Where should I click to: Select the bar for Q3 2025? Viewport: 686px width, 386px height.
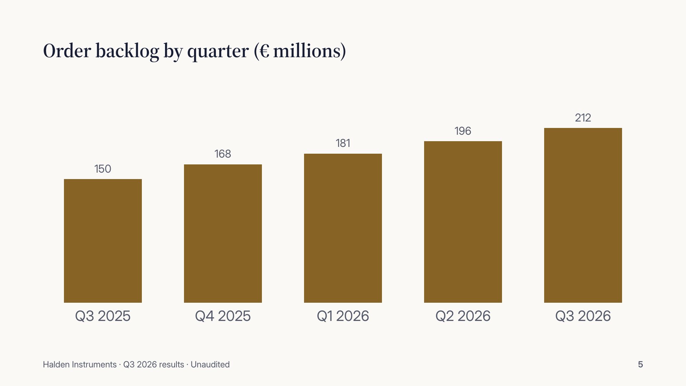tap(103, 241)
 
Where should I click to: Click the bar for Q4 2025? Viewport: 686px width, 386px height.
tap(223, 233)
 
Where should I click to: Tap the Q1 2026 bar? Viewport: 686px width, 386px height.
tap(343, 228)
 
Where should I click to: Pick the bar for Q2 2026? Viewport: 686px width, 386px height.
tap(463, 222)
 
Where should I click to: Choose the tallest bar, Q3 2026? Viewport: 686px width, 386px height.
tap(583, 215)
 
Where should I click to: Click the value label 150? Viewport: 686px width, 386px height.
tap(103, 169)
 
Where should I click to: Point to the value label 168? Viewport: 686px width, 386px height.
tap(223, 154)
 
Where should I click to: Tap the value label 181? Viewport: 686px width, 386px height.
tap(343, 143)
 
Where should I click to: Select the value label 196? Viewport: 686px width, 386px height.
tap(463, 131)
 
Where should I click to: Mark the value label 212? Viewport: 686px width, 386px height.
tap(583, 118)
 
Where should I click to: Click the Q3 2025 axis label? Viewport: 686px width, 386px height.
tap(103, 316)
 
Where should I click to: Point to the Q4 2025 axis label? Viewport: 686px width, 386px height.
tap(223, 316)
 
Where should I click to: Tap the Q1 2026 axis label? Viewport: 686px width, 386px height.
tap(343, 316)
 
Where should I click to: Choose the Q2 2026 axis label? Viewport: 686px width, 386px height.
tap(463, 316)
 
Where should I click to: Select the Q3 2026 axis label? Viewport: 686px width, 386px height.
tap(583, 316)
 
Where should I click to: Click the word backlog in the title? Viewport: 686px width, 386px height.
tap(127, 51)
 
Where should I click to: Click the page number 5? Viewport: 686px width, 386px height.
tap(641, 365)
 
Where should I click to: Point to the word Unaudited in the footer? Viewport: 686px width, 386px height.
tap(210, 365)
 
